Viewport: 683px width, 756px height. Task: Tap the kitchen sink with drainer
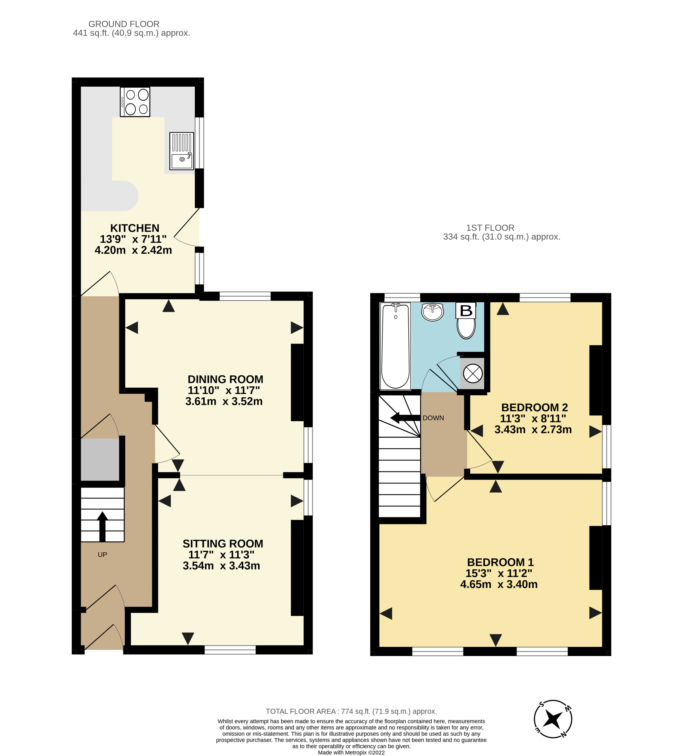(x=182, y=151)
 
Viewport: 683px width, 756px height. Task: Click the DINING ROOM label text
(x=225, y=379)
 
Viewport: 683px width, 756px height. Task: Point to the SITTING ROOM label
(x=223, y=543)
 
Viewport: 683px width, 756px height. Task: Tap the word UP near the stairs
(x=102, y=555)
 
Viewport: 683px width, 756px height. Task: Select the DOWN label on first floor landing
(x=433, y=418)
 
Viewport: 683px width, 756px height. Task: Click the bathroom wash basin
(x=432, y=312)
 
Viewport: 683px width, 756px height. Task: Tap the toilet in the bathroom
(x=466, y=327)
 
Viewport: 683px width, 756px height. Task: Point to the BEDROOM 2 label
(x=534, y=407)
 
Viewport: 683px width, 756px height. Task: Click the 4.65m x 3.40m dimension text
(x=499, y=584)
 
